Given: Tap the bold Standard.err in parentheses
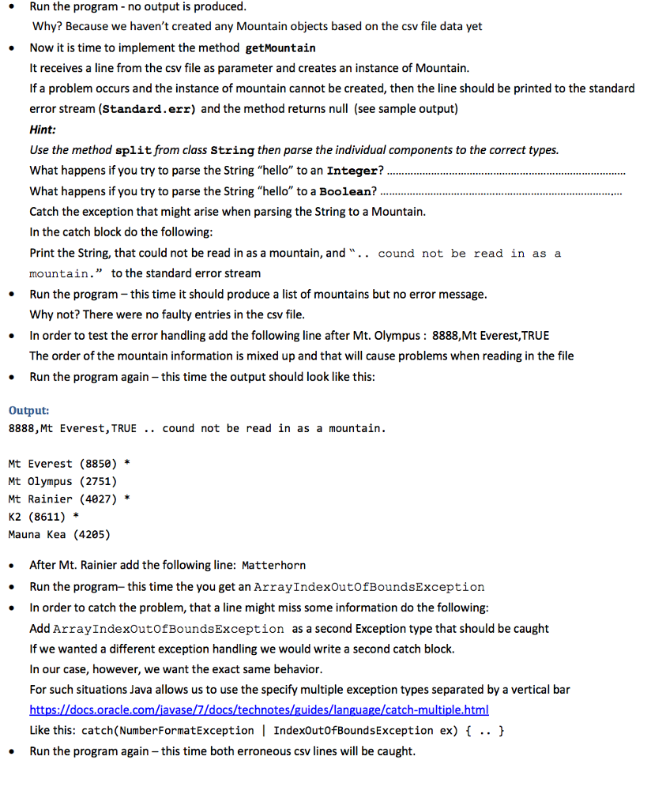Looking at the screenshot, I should tap(149, 109).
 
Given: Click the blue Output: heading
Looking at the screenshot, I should tap(28, 411).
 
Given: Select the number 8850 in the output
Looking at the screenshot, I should tap(97, 464).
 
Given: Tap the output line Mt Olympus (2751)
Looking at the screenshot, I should tap(62, 481).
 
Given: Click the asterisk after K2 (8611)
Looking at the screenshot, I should tap(75, 517).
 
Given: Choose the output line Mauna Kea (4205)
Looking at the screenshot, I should tap(58, 535).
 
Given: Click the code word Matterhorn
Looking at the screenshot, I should tap(273, 566).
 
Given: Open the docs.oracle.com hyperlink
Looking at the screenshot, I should tap(259, 710).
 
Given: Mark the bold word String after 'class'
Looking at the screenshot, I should tap(233, 150).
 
